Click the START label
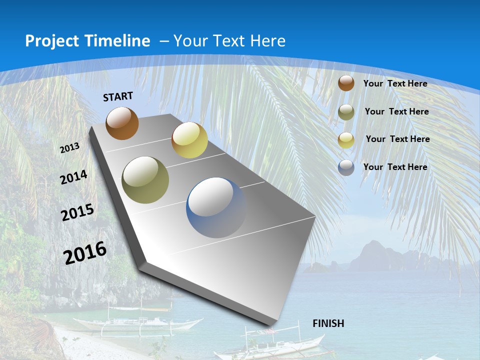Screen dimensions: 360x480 (x=118, y=96)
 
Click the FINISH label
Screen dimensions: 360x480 (x=328, y=323)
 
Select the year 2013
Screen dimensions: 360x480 (x=69, y=148)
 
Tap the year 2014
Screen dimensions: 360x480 (x=74, y=177)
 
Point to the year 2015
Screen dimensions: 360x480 (x=77, y=212)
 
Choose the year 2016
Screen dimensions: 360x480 (x=85, y=253)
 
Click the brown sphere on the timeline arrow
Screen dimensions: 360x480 (x=122, y=123)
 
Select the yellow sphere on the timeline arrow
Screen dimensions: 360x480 (x=189, y=140)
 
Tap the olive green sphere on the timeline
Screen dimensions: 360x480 (x=145, y=180)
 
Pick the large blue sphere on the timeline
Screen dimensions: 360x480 (x=216, y=207)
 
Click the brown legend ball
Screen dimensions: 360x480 (x=346, y=83)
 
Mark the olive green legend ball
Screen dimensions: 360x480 (x=346, y=112)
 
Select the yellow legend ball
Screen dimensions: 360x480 (x=346, y=140)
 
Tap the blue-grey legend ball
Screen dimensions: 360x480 (x=346, y=167)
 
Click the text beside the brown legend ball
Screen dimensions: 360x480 (x=395, y=83)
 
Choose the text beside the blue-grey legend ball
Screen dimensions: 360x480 (x=395, y=167)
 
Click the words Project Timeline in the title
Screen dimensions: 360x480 (x=87, y=41)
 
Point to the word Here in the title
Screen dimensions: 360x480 (x=267, y=41)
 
